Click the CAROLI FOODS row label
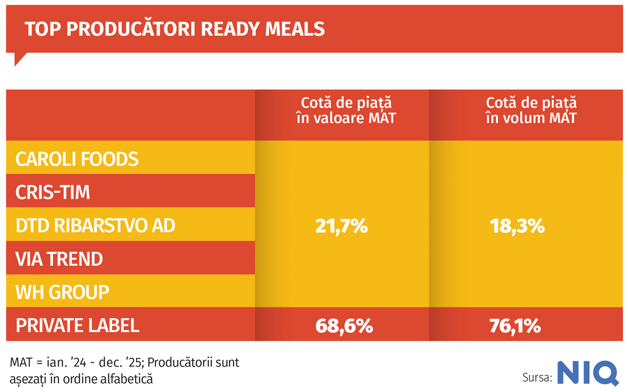pos(77,159)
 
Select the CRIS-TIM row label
pos(53,192)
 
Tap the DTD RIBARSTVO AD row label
pos(95,225)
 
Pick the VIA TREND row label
pos(59,259)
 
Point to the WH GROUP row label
pos(62,292)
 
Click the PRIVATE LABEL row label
pos(77,325)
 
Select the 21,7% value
pos(342,226)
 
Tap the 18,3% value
pos(517,226)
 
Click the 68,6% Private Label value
pos(344,326)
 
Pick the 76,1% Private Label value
pos(515,326)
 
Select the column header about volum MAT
pos(531,110)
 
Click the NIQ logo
pos(587,373)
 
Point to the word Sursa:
pos(537,377)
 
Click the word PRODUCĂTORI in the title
pos(131,29)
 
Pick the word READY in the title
pos(228,29)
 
